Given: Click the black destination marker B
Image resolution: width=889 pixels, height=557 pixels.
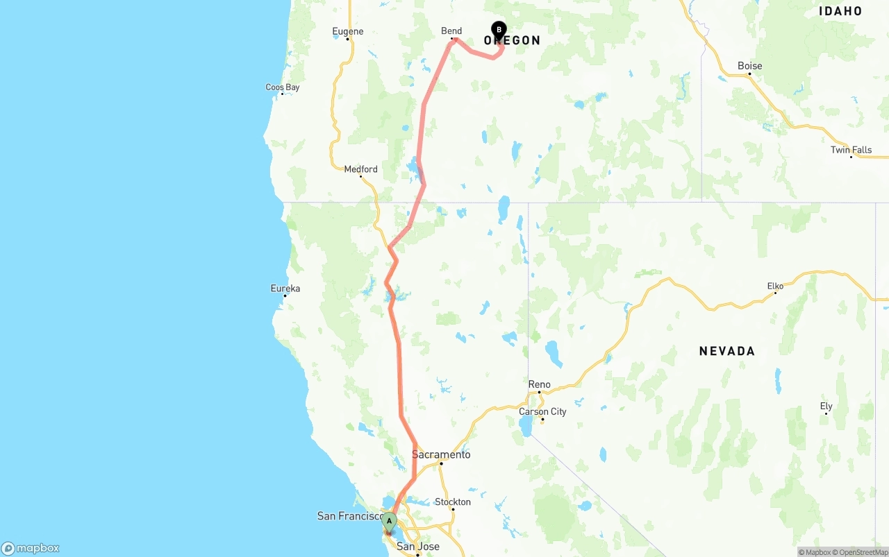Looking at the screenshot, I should click(499, 30).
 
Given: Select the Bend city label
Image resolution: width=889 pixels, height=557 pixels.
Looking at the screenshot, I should click(451, 31).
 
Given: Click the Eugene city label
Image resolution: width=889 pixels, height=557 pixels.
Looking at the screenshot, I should click(347, 31).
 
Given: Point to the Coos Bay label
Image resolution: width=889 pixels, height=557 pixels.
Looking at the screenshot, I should click(283, 87).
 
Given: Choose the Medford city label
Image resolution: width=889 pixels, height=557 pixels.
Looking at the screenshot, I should click(360, 169).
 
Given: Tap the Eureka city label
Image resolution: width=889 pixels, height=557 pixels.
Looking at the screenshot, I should click(285, 289).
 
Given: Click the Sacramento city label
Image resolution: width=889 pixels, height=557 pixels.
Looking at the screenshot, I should click(441, 455).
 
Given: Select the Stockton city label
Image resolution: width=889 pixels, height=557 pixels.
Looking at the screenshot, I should click(452, 502).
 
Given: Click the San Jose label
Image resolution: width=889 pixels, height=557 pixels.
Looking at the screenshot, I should click(417, 547).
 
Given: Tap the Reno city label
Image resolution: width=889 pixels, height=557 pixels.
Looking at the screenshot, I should click(539, 384).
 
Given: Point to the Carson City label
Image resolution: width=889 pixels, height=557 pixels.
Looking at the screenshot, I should click(542, 411).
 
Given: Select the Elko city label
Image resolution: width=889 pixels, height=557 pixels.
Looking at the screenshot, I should click(775, 286).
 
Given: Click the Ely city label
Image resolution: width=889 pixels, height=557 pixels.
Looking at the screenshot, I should click(826, 406).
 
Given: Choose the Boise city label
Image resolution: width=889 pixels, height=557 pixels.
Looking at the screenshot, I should click(749, 66).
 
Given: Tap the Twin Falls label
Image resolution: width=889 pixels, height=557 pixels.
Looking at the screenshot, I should click(851, 150).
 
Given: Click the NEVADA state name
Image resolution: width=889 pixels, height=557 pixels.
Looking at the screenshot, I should click(726, 351).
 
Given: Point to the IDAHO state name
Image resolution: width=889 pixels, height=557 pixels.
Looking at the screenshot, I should click(840, 11).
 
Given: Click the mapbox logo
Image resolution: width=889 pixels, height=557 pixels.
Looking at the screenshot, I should click(31, 548).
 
